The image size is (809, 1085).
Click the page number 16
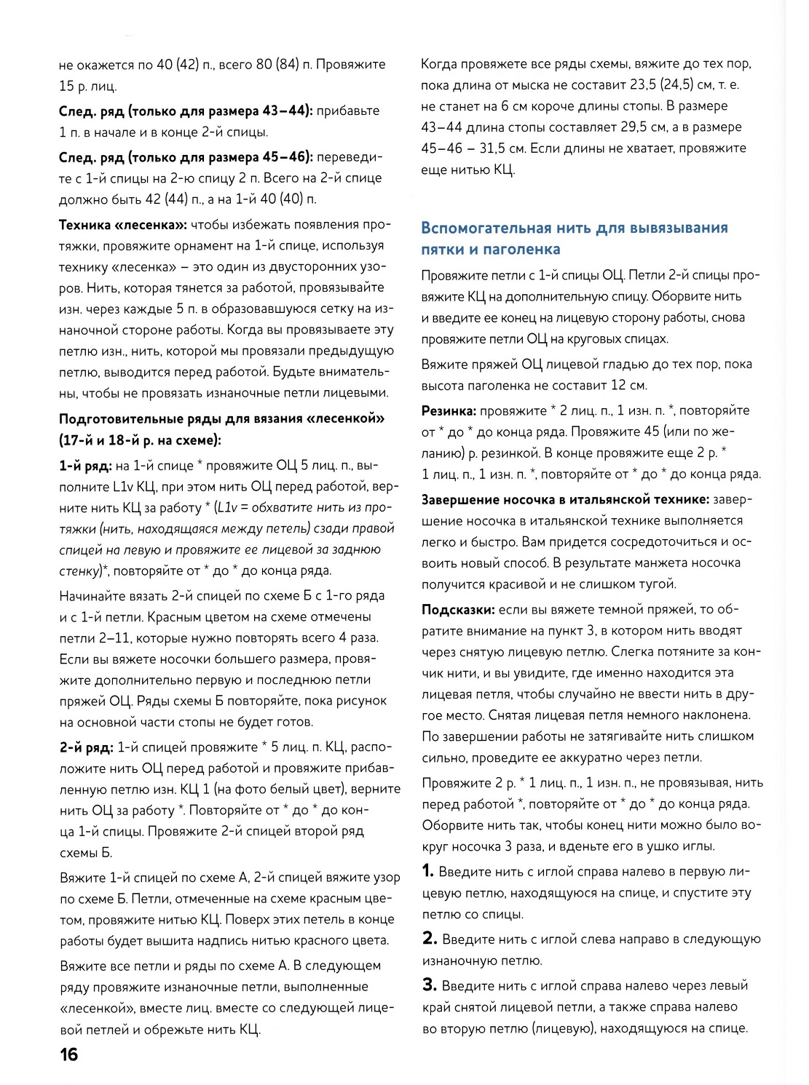(68, 1054)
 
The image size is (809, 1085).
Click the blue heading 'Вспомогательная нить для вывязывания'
(575, 228)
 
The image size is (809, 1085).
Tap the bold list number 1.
(428, 871)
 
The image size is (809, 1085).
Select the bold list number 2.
(429, 939)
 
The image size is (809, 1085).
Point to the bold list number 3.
(429, 985)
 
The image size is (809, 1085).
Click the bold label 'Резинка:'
(449, 410)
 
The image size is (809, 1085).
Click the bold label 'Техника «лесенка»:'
(122, 225)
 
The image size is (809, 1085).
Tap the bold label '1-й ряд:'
(85, 466)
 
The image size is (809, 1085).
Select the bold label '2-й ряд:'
(86, 747)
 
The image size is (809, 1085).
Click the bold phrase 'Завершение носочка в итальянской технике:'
(565, 499)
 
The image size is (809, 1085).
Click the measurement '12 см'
(629, 385)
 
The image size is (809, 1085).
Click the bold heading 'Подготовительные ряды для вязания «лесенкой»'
(221, 418)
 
